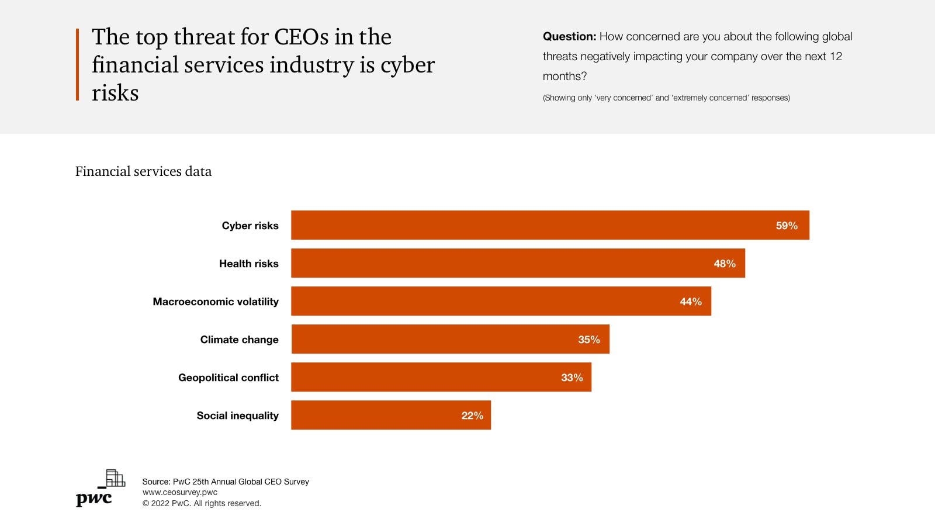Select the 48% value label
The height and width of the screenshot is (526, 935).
point(725,264)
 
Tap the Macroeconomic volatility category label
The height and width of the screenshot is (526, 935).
point(216,302)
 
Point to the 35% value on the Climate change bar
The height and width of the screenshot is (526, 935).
point(589,340)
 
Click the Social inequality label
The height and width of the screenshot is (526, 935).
point(237,416)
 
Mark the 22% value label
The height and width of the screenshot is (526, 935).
point(472,416)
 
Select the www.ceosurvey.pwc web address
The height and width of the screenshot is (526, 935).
point(180,492)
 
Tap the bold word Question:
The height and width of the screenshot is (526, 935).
point(569,36)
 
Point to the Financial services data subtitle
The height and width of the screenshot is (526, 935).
point(143,171)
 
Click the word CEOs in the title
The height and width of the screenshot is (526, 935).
point(302,37)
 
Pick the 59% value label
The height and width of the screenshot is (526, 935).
point(787,226)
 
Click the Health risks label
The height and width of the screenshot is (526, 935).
point(248,264)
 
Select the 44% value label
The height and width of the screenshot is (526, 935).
point(691,302)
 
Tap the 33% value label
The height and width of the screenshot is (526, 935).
point(572,378)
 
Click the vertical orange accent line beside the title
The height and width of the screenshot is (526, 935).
point(77,64)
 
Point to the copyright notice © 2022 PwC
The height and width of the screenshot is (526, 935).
point(202,503)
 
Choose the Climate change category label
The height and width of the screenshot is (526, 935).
point(239,340)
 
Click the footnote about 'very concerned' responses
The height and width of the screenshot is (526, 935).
point(666,98)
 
